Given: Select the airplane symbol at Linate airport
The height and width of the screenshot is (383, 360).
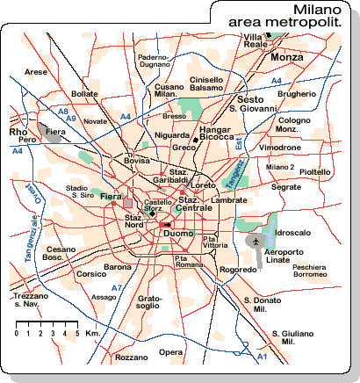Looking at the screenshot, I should coord(256,240).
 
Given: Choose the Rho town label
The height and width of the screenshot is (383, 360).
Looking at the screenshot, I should coord(18,132).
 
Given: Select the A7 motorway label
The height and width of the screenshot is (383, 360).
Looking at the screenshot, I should coord(117,288).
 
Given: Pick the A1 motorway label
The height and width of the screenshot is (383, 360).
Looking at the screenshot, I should coord(262,357).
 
